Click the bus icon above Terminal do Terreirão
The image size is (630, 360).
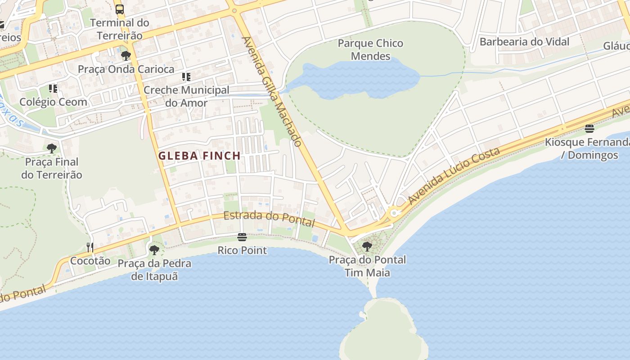coord(120,9)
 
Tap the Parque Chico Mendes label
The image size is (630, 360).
coord(370,49)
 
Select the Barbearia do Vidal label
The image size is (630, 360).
coord(524,42)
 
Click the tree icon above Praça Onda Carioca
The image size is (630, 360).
coord(126,56)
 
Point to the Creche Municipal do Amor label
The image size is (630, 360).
coord(186,96)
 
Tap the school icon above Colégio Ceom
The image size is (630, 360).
coord(53,89)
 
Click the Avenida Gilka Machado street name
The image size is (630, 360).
coord(272,91)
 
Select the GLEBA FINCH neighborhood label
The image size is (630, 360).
coord(199,156)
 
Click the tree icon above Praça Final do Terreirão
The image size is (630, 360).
coord(52,148)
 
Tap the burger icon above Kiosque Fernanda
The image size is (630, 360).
coord(589,129)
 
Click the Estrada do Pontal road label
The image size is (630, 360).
coord(269,218)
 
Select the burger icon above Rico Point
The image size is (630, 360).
coord(242,237)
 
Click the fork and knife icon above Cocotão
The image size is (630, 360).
coord(90,247)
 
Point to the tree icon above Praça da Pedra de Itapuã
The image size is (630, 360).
coord(154,250)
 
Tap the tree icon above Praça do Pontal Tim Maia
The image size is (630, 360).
coord(367,246)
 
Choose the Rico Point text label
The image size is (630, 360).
coord(242,250)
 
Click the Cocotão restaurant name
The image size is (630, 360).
coord(90,261)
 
